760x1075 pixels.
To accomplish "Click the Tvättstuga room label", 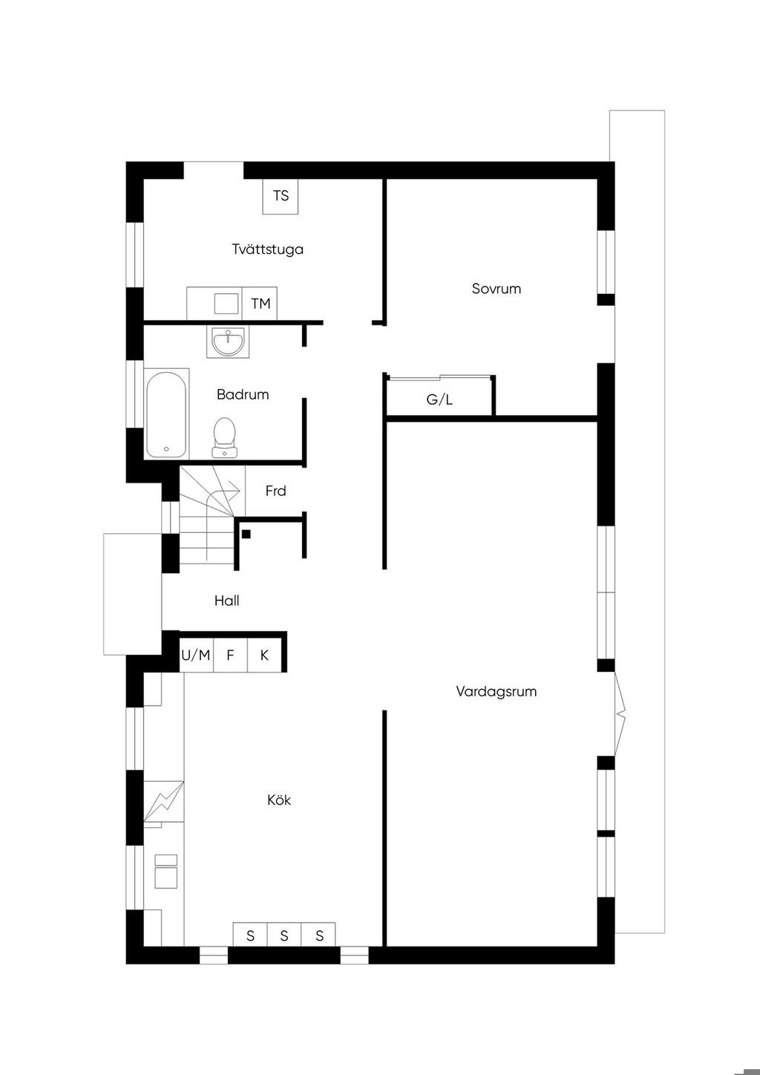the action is [268, 249].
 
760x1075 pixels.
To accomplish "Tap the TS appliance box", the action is [281, 196].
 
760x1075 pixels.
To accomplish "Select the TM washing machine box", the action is [260, 304].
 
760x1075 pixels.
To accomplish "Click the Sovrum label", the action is [496, 289].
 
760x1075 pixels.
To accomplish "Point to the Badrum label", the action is [242, 394].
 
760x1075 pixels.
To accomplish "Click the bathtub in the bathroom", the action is [166, 414].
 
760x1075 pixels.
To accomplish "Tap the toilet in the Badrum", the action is [224, 437].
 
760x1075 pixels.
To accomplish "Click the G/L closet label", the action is [439, 399].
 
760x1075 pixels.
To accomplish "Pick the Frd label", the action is [275, 491].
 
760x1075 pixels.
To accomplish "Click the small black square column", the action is [246, 534].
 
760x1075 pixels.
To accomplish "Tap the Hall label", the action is [226, 601].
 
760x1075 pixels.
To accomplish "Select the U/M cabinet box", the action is [196, 655].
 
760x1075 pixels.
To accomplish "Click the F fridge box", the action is [230, 655].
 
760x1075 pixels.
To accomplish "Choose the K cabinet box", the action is [264, 655].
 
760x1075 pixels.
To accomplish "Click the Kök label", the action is [279, 800].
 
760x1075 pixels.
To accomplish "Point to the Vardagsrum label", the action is [496, 692].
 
